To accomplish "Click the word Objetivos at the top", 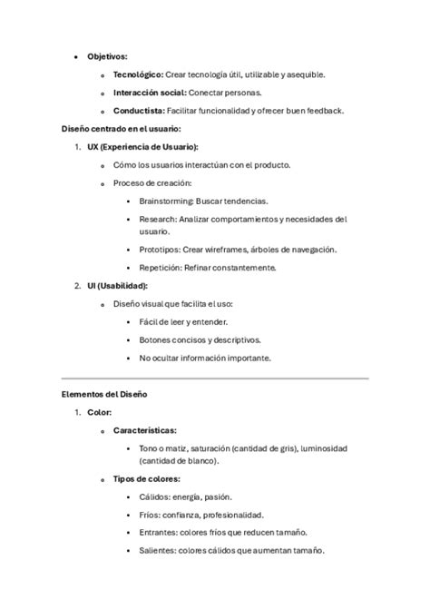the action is pyautogui.click(x=107, y=56).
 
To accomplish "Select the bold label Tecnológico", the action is pyautogui.click(x=138, y=74).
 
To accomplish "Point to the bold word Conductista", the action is pyautogui.click(x=139, y=111).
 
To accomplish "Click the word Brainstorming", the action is pyautogui.click(x=166, y=201).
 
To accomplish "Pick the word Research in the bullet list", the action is pyautogui.click(x=157, y=219).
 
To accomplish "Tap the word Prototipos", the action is pyautogui.click(x=160, y=250).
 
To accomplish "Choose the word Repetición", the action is pyautogui.click(x=161, y=268).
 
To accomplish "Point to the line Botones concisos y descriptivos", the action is pyautogui.click(x=200, y=339).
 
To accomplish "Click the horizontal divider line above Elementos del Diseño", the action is pyautogui.click(x=214, y=378).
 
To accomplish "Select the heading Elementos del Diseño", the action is pyautogui.click(x=104, y=395).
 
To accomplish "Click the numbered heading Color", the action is pyautogui.click(x=99, y=413).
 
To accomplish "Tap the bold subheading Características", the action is pyautogui.click(x=144, y=431).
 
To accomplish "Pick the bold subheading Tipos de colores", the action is pyautogui.click(x=146, y=478).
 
